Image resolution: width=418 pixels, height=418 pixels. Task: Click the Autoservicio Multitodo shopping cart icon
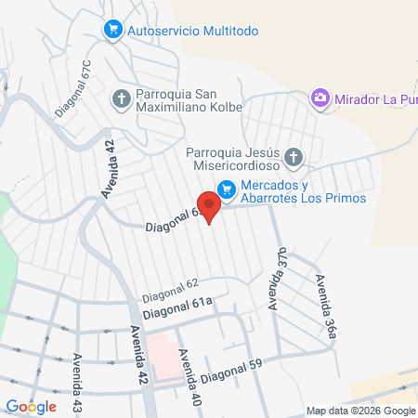pos(113,30)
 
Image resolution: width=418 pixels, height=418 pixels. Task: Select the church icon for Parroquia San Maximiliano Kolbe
pos(122,98)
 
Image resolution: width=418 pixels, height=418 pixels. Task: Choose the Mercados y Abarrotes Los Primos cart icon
pos(226,189)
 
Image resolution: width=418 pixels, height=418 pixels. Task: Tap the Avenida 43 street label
pos(77,381)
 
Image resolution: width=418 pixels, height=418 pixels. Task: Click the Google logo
pos(31,406)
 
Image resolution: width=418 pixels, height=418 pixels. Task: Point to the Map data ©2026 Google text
pos(361,411)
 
